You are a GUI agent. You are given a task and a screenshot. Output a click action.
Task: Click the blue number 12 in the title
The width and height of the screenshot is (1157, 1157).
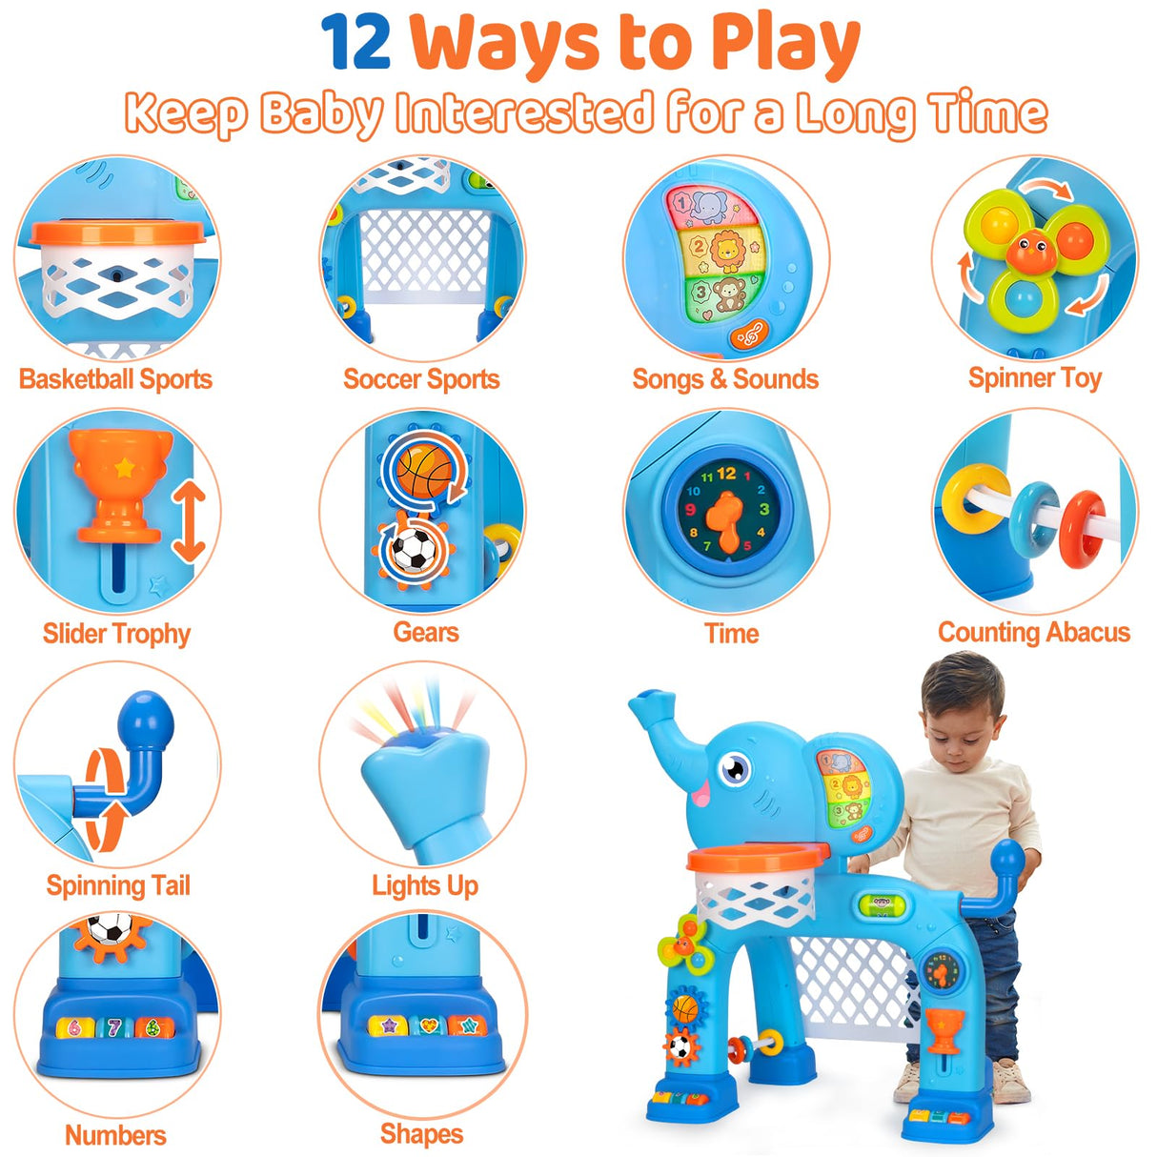pos(355,43)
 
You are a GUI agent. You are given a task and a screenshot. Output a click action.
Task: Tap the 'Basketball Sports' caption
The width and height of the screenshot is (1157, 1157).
pos(115,379)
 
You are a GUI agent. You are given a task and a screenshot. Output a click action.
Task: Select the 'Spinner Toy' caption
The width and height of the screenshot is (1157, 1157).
pos(1035,378)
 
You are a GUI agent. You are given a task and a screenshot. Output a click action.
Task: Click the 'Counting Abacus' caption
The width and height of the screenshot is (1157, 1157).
pos(1034,633)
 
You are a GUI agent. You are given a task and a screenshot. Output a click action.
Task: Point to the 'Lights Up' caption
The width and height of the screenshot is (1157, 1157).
pos(424,885)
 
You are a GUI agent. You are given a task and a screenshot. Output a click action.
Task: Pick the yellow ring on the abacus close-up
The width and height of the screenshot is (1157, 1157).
pos(964,498)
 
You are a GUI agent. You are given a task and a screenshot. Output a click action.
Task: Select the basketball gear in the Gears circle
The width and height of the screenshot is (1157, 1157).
pos(424,469)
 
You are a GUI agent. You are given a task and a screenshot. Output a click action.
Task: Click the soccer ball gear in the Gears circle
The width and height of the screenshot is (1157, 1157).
pos(414,551)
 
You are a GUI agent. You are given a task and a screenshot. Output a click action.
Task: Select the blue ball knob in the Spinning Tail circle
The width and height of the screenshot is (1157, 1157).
pos(147,718)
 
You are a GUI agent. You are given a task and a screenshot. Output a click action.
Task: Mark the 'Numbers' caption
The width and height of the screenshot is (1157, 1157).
pos(115,1135)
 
